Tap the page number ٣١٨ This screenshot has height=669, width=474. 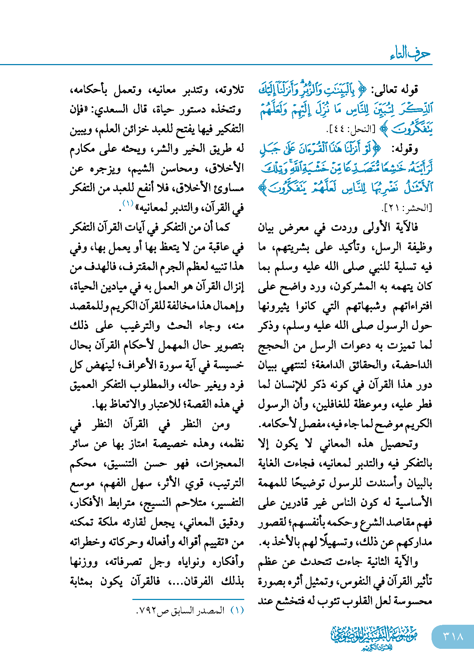[x=453, y=636]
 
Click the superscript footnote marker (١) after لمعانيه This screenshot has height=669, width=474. [x=127, y=204]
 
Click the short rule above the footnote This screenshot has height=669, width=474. [x=188, y=599]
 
